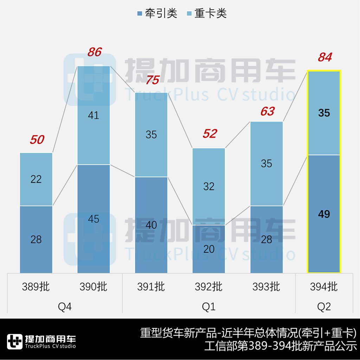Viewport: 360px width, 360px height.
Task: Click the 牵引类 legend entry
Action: [x=157, y=13]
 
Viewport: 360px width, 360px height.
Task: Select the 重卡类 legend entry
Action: [x=206, y=13]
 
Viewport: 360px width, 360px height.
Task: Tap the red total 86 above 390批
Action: [x=94, y=52]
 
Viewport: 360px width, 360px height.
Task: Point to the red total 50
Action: [x=37, y=140]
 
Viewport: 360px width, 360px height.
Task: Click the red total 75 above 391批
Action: [x=152, y=80]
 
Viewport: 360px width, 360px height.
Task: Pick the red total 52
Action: [x=210, y=134]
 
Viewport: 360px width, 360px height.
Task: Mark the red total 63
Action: [x=267, y=111]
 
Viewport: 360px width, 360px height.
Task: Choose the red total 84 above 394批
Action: [x=324, y=57]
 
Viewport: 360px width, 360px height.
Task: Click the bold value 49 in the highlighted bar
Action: [x=324, y=214]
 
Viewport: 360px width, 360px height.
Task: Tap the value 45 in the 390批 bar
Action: [x=94, y=219]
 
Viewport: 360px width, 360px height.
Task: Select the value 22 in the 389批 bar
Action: [x=36, y=179]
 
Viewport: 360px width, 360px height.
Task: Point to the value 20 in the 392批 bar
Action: [x=209, y=249]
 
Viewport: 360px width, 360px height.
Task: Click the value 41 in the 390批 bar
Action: [x=94, y=115]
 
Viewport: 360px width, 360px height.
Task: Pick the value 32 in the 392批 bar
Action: [x=209, y=186]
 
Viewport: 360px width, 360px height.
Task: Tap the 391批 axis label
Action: [x=151, y=287]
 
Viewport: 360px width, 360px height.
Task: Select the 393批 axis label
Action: [x=266, y=287]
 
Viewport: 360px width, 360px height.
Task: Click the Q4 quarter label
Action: [x=65, y=307]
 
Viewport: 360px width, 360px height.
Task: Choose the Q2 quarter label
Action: [x=324, y=307]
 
